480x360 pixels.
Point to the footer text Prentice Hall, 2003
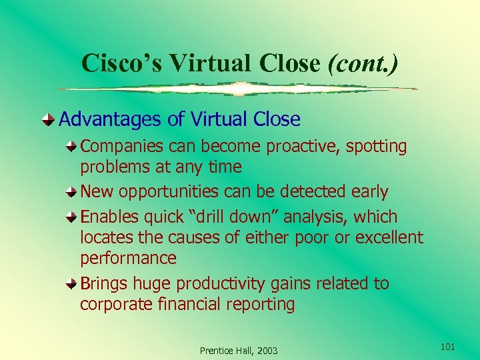[x=239, y=351]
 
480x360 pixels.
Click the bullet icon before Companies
[x=71, y=145]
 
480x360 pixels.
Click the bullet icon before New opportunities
[x=71, y=191]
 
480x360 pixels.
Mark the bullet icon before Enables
[x=71, y=217]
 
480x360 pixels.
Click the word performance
[x=128, y=258]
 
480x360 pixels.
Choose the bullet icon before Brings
[x=71, y=283]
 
